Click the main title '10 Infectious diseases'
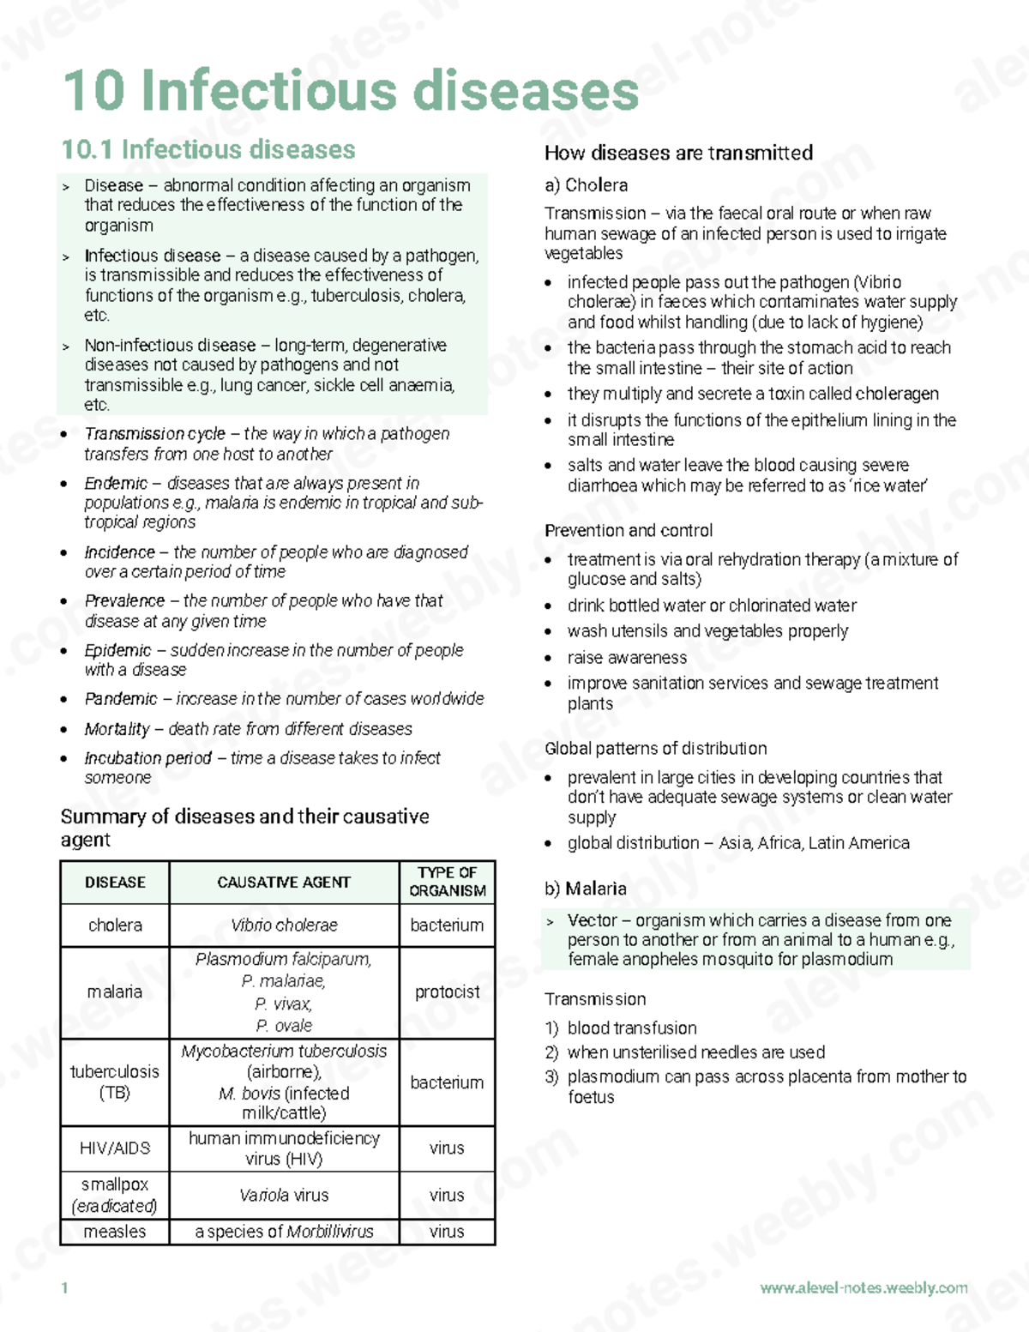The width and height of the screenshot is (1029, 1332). pos(351,90)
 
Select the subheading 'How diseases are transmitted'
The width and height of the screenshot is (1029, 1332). pos(678,154)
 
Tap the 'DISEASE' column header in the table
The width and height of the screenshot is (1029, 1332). pos(115,883)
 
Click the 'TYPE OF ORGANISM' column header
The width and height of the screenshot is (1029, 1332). pos(447,882)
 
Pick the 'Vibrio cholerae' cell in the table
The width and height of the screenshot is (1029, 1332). pos(284,925)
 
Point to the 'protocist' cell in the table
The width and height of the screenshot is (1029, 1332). pos(447,992)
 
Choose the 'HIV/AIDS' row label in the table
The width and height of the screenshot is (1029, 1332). pos(115,1148)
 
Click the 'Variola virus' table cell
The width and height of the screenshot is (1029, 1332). pos(284,1195)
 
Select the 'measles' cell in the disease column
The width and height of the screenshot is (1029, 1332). pos(115,1232)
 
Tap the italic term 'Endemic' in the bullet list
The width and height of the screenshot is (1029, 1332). pos(116,484)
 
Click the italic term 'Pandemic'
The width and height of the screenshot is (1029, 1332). pos(121,699)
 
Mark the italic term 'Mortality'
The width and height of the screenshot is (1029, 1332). pos(117,729)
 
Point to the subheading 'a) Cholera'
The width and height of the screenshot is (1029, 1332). pos(586,185)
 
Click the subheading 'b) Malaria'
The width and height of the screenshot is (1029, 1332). pos(586,889)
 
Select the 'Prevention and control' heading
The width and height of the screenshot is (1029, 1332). pos(629,531)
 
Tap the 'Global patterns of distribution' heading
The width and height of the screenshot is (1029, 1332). pos(656,749)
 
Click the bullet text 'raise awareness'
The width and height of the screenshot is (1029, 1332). pos(627,658)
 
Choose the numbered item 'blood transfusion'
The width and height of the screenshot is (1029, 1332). pos(632,1028)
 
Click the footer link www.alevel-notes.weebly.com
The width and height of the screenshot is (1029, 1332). pos(864,1288)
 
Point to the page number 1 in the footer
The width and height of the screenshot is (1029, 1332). pos(64,1288)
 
